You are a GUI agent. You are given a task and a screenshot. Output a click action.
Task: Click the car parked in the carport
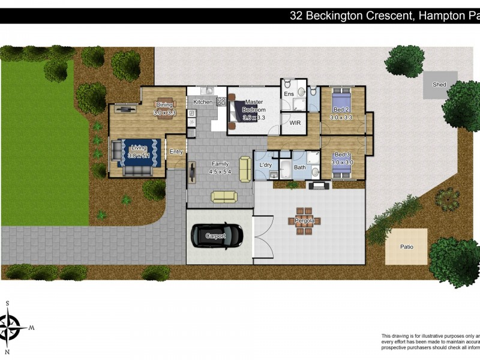pos(217,235)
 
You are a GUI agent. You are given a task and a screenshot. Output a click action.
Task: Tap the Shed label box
pos(440,85)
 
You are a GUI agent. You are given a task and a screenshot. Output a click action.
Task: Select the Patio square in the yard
pos(406,247)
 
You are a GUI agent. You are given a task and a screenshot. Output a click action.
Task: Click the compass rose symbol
pos(11,328)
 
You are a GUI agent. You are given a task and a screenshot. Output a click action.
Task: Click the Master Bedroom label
pos(254,106)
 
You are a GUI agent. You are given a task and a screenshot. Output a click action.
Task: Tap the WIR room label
pos(295,122)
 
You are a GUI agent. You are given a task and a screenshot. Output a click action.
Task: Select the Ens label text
pos(289,94)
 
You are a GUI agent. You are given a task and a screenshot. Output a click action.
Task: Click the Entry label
pos(176,152)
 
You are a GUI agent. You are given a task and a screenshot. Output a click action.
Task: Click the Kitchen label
pos(203,102)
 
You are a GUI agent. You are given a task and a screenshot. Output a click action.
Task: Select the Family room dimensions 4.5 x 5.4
pos(220,171)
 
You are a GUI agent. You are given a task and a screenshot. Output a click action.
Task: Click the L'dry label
pos(266,165)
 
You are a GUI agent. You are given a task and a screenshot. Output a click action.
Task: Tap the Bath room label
pos(299,167)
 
